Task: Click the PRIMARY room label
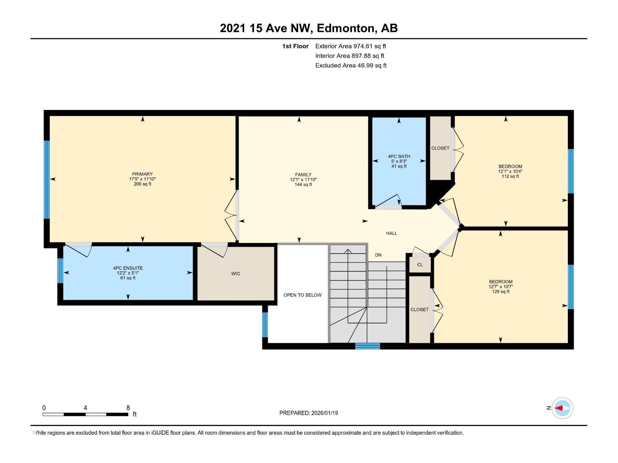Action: coord(142,174)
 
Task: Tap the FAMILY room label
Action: coord(303,175)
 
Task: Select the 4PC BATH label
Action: coord(399,157)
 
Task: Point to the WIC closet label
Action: coord(236,274)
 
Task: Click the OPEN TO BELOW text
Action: coord(302,295)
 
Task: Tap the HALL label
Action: coord(391,233)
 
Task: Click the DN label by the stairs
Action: coord(378,255)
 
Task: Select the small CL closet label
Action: coord(420,265)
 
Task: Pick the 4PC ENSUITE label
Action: coord(128,268)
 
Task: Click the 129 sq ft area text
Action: coord(501,292)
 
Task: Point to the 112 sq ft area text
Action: coord(510,176)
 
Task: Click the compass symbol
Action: coord(562,408)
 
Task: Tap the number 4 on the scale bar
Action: coord(85,408)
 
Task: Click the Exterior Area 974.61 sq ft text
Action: coord(350,46)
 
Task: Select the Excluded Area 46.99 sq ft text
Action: coord(351,66)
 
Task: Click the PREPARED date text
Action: coord(309,413)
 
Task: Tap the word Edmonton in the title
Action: coord(346,28)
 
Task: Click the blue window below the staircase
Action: coord(367,346)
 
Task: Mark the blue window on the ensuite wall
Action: coord(60,270)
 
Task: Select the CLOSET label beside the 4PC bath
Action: coord(440,148)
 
